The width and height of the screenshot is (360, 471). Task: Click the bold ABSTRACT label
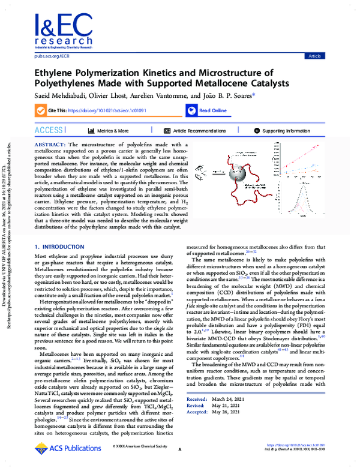[x=51, y=145]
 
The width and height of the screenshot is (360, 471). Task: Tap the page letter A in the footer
[x=179, y=466]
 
